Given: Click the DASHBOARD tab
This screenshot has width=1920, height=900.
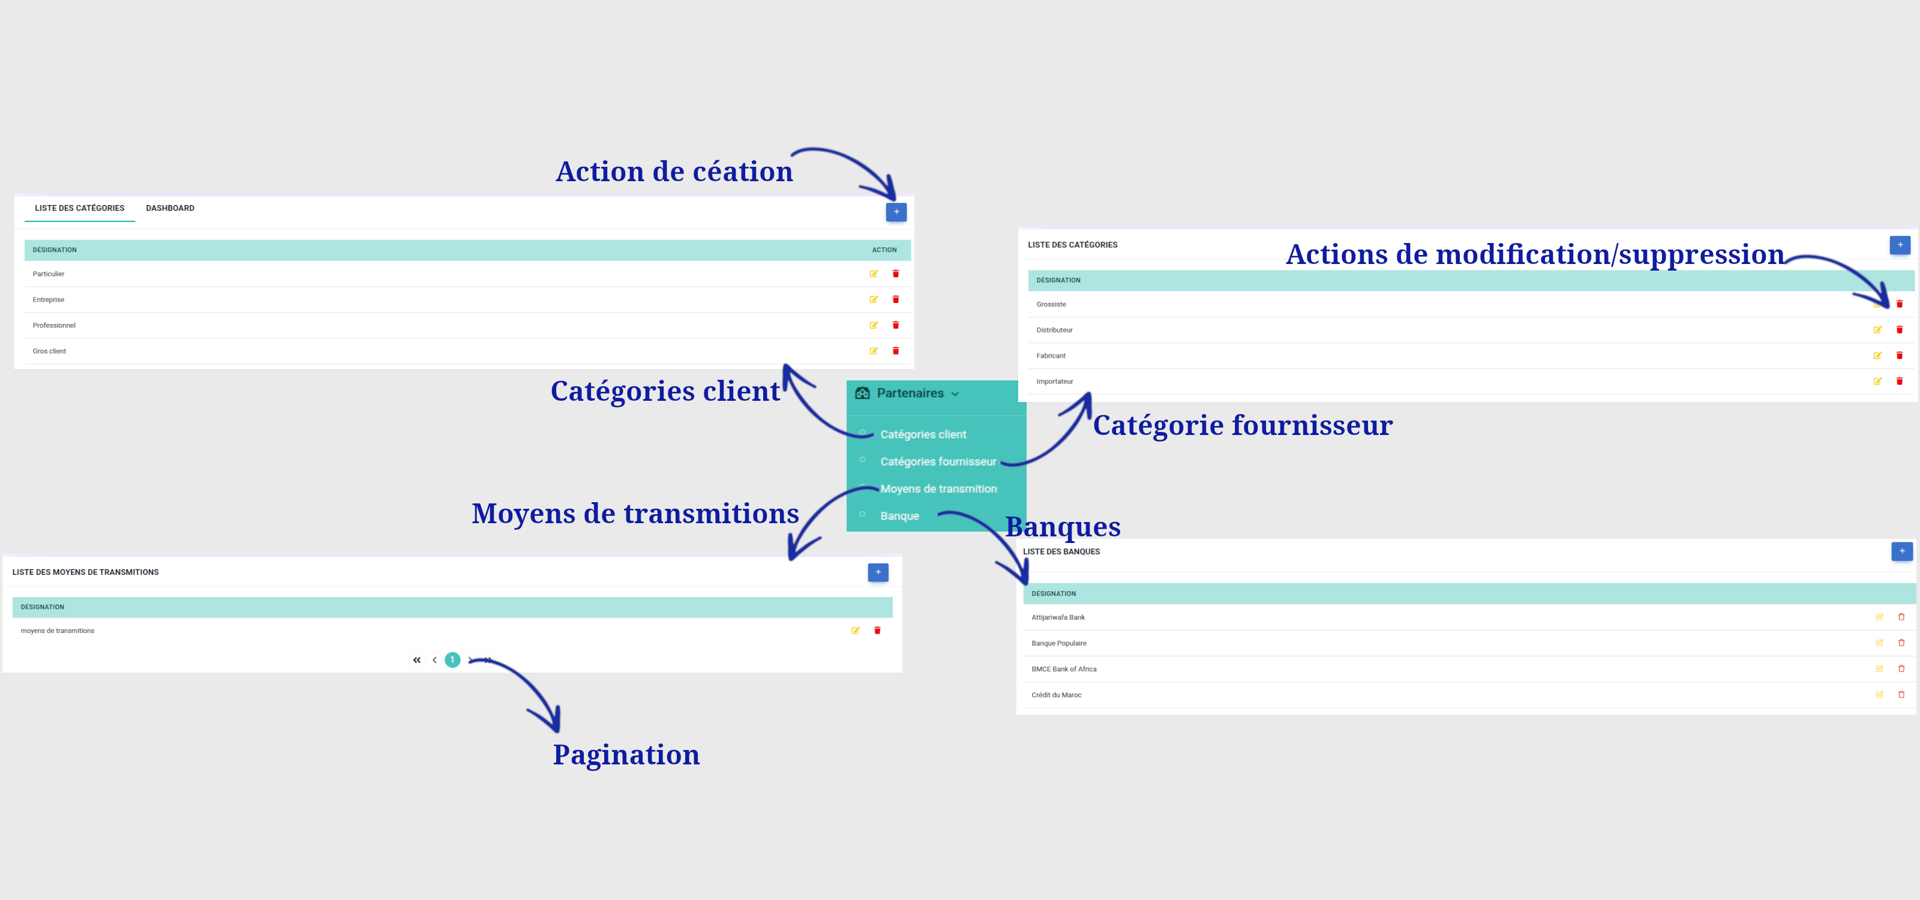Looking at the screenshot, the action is [x=170, y=208].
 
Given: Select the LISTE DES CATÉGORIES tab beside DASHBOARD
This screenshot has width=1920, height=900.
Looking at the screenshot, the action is [x=80, y=208].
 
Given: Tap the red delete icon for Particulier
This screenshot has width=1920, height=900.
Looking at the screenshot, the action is [x=896, y=274].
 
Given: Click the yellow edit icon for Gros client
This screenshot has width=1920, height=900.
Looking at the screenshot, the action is [x=874, y=351].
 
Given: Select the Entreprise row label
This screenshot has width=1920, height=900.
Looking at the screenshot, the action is [x=49, y=299].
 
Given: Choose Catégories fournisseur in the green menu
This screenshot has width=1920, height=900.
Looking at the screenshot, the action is [x=938, y=462].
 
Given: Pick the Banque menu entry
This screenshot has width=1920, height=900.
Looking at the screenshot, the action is [x=899, y=515].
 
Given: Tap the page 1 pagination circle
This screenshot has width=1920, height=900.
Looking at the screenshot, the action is [x=452, y=660].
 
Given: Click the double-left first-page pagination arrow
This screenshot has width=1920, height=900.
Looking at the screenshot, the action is [x=416, y=660].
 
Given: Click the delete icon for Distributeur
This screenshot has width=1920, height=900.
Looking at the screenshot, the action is [x=1899, y=329].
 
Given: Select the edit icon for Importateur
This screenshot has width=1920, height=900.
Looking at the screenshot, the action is [x=1877, y=382].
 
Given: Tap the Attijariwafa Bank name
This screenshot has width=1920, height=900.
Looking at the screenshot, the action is [x=1058, y=617].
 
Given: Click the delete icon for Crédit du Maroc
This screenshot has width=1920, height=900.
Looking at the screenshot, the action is [x=1901, y=694].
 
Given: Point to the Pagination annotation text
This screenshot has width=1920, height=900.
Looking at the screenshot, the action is [x=626, y=755].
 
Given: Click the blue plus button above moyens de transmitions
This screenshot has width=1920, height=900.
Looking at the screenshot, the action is [x=878, y=572].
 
